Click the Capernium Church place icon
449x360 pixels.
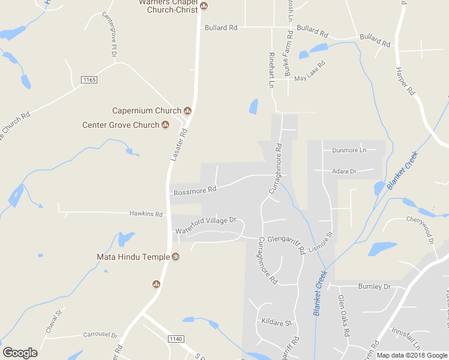click(x=187, y=110)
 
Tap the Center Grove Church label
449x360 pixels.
click(x=121, y=125)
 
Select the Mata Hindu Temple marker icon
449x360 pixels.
click(x=176, y=257)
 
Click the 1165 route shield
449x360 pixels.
click(x=89, y=80)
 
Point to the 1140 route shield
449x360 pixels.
click(x=176, y=339)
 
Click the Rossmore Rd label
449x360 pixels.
click(x=194, y=191)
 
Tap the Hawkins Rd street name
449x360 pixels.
click(x=146, y=214)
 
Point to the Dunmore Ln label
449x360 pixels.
click(x=345, y=150)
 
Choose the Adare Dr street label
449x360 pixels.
click(x=344, y=171)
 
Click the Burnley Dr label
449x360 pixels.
click(x=374, y=286)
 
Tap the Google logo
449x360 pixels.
click(x=20, y=353)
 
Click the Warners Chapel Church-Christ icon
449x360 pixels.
click(x=203, y=6)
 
